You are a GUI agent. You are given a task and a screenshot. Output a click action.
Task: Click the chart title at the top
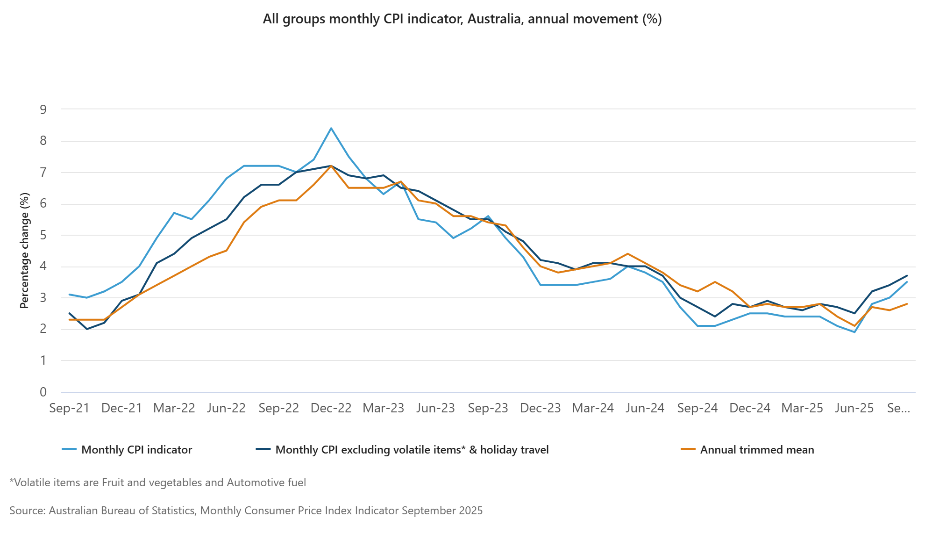(462, 19)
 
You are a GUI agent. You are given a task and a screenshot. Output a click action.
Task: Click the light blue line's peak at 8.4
(331, 128)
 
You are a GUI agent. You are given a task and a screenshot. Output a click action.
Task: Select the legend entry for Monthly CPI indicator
(136, 450)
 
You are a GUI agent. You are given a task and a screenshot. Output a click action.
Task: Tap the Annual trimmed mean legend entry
(757, 450)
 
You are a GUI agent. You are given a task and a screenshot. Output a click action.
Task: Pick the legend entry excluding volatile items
(412, 450)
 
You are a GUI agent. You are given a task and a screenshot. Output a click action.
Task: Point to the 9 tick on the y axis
(43, 110)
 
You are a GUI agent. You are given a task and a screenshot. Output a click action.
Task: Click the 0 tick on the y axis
(43, 392)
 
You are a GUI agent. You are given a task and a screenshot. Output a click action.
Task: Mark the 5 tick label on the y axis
(43, 235)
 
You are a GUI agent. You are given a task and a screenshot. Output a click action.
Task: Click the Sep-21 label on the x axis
(69, 408)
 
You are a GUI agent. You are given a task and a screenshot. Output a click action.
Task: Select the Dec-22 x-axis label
(331, 408)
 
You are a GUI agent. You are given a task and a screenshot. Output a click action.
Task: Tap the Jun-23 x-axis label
(435, 408)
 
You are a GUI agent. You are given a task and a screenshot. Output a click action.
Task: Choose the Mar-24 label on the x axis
(593, 408)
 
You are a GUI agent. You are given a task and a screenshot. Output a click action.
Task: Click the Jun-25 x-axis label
(854, 408)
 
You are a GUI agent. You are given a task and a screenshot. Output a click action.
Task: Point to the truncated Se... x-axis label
(898, 408)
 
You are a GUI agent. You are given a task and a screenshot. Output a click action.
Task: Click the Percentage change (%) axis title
(24, 251)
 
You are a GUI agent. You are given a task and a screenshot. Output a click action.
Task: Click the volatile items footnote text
(158, 483)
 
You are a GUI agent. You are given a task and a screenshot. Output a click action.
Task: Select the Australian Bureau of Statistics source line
(246, 511)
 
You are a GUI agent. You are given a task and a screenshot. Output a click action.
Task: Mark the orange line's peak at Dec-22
(331, 166)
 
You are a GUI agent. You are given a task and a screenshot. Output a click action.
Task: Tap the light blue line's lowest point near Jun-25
(854, 332)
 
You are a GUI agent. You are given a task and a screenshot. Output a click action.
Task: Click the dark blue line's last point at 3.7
(907, 276)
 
